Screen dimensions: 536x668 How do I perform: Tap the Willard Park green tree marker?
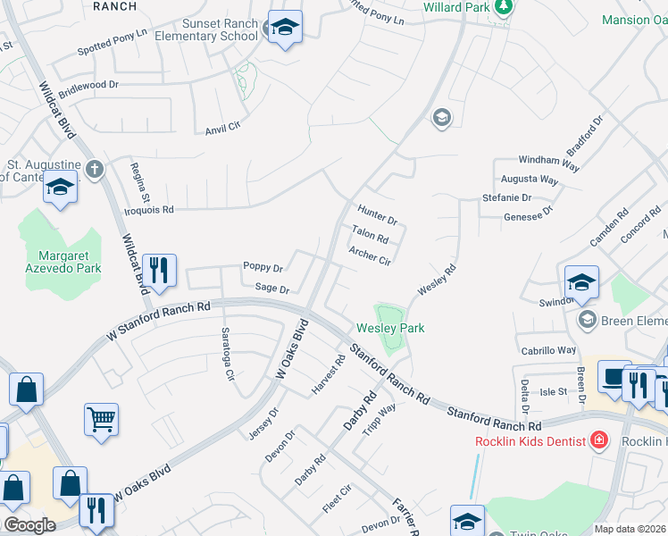(505, 7)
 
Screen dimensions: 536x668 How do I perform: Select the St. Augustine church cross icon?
(95, 167)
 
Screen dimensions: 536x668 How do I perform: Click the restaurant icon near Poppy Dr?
(159, 270)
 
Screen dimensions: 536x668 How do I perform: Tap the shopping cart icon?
(102, 418)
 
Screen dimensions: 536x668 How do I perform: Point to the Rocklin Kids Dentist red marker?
(597, 440)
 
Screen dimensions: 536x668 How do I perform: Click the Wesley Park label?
(390, 328)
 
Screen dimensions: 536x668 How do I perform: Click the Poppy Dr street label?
(263, 267)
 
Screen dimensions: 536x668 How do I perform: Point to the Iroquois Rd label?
(148, 210)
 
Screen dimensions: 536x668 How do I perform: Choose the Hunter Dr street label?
(377, 214)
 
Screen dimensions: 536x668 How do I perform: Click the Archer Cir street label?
(371, 256)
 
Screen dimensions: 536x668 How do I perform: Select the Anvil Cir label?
(223, 127)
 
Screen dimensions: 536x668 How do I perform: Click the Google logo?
(29, 525)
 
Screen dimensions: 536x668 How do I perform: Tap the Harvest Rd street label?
(328, 376)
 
